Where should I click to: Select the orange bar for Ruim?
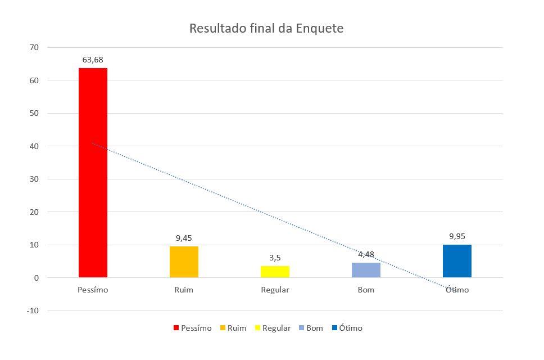(184, 262)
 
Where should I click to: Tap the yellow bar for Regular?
(275, 272)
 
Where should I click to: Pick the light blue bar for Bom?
(366, 270)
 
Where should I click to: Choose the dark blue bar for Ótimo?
(457, 261)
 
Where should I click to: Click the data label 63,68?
(93, 60)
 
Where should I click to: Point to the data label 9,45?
(184, 238)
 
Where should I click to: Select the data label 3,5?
(275, 258)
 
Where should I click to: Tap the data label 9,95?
(457, 236)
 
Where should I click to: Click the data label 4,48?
(366, 254)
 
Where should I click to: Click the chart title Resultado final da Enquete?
(266, 28)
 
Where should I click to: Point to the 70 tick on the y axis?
(34, 47)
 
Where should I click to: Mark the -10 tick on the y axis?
(33, 310)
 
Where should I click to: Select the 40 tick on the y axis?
(34, 146)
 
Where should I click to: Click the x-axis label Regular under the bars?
(275, 290)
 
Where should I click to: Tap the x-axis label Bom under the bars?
(366, 290)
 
